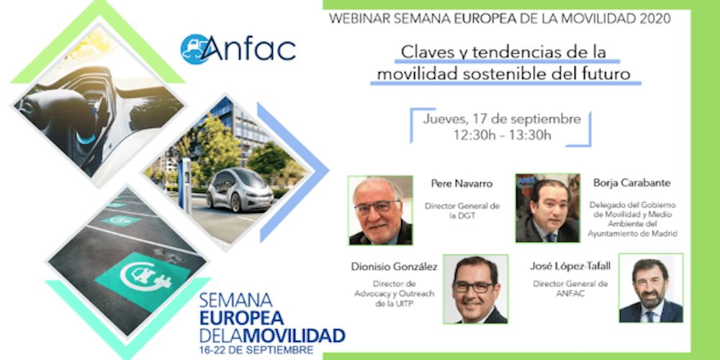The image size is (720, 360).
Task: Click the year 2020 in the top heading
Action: click(657, 17)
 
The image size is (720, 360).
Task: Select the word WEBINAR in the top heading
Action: click(356, 17)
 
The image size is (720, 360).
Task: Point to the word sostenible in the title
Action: click(513, 73)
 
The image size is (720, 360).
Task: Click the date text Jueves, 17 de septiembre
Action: click(503, 119)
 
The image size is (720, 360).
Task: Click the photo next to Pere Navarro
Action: click(380, 210)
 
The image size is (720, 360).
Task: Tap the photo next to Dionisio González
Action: click(475, 289)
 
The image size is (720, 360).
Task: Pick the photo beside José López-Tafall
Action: click(650, 289)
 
